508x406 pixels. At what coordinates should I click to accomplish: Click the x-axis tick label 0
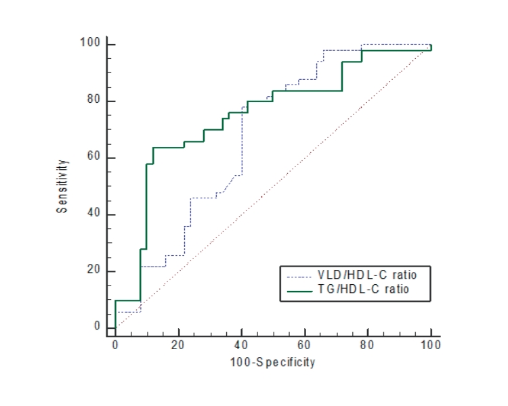pyautogui.click(x=115, y=346)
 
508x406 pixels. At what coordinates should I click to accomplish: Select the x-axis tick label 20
pyautogui.click(x=178, y=346)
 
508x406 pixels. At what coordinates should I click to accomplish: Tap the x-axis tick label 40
pyautogui.click(x=241, y=346)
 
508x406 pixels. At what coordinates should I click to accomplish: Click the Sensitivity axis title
pyautogui.click(x=62, y=186)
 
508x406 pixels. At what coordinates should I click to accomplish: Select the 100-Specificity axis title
pyautogui.click(x=273, y=363)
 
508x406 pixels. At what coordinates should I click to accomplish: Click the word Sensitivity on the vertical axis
pyautogui.click(x=62, y=186)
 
